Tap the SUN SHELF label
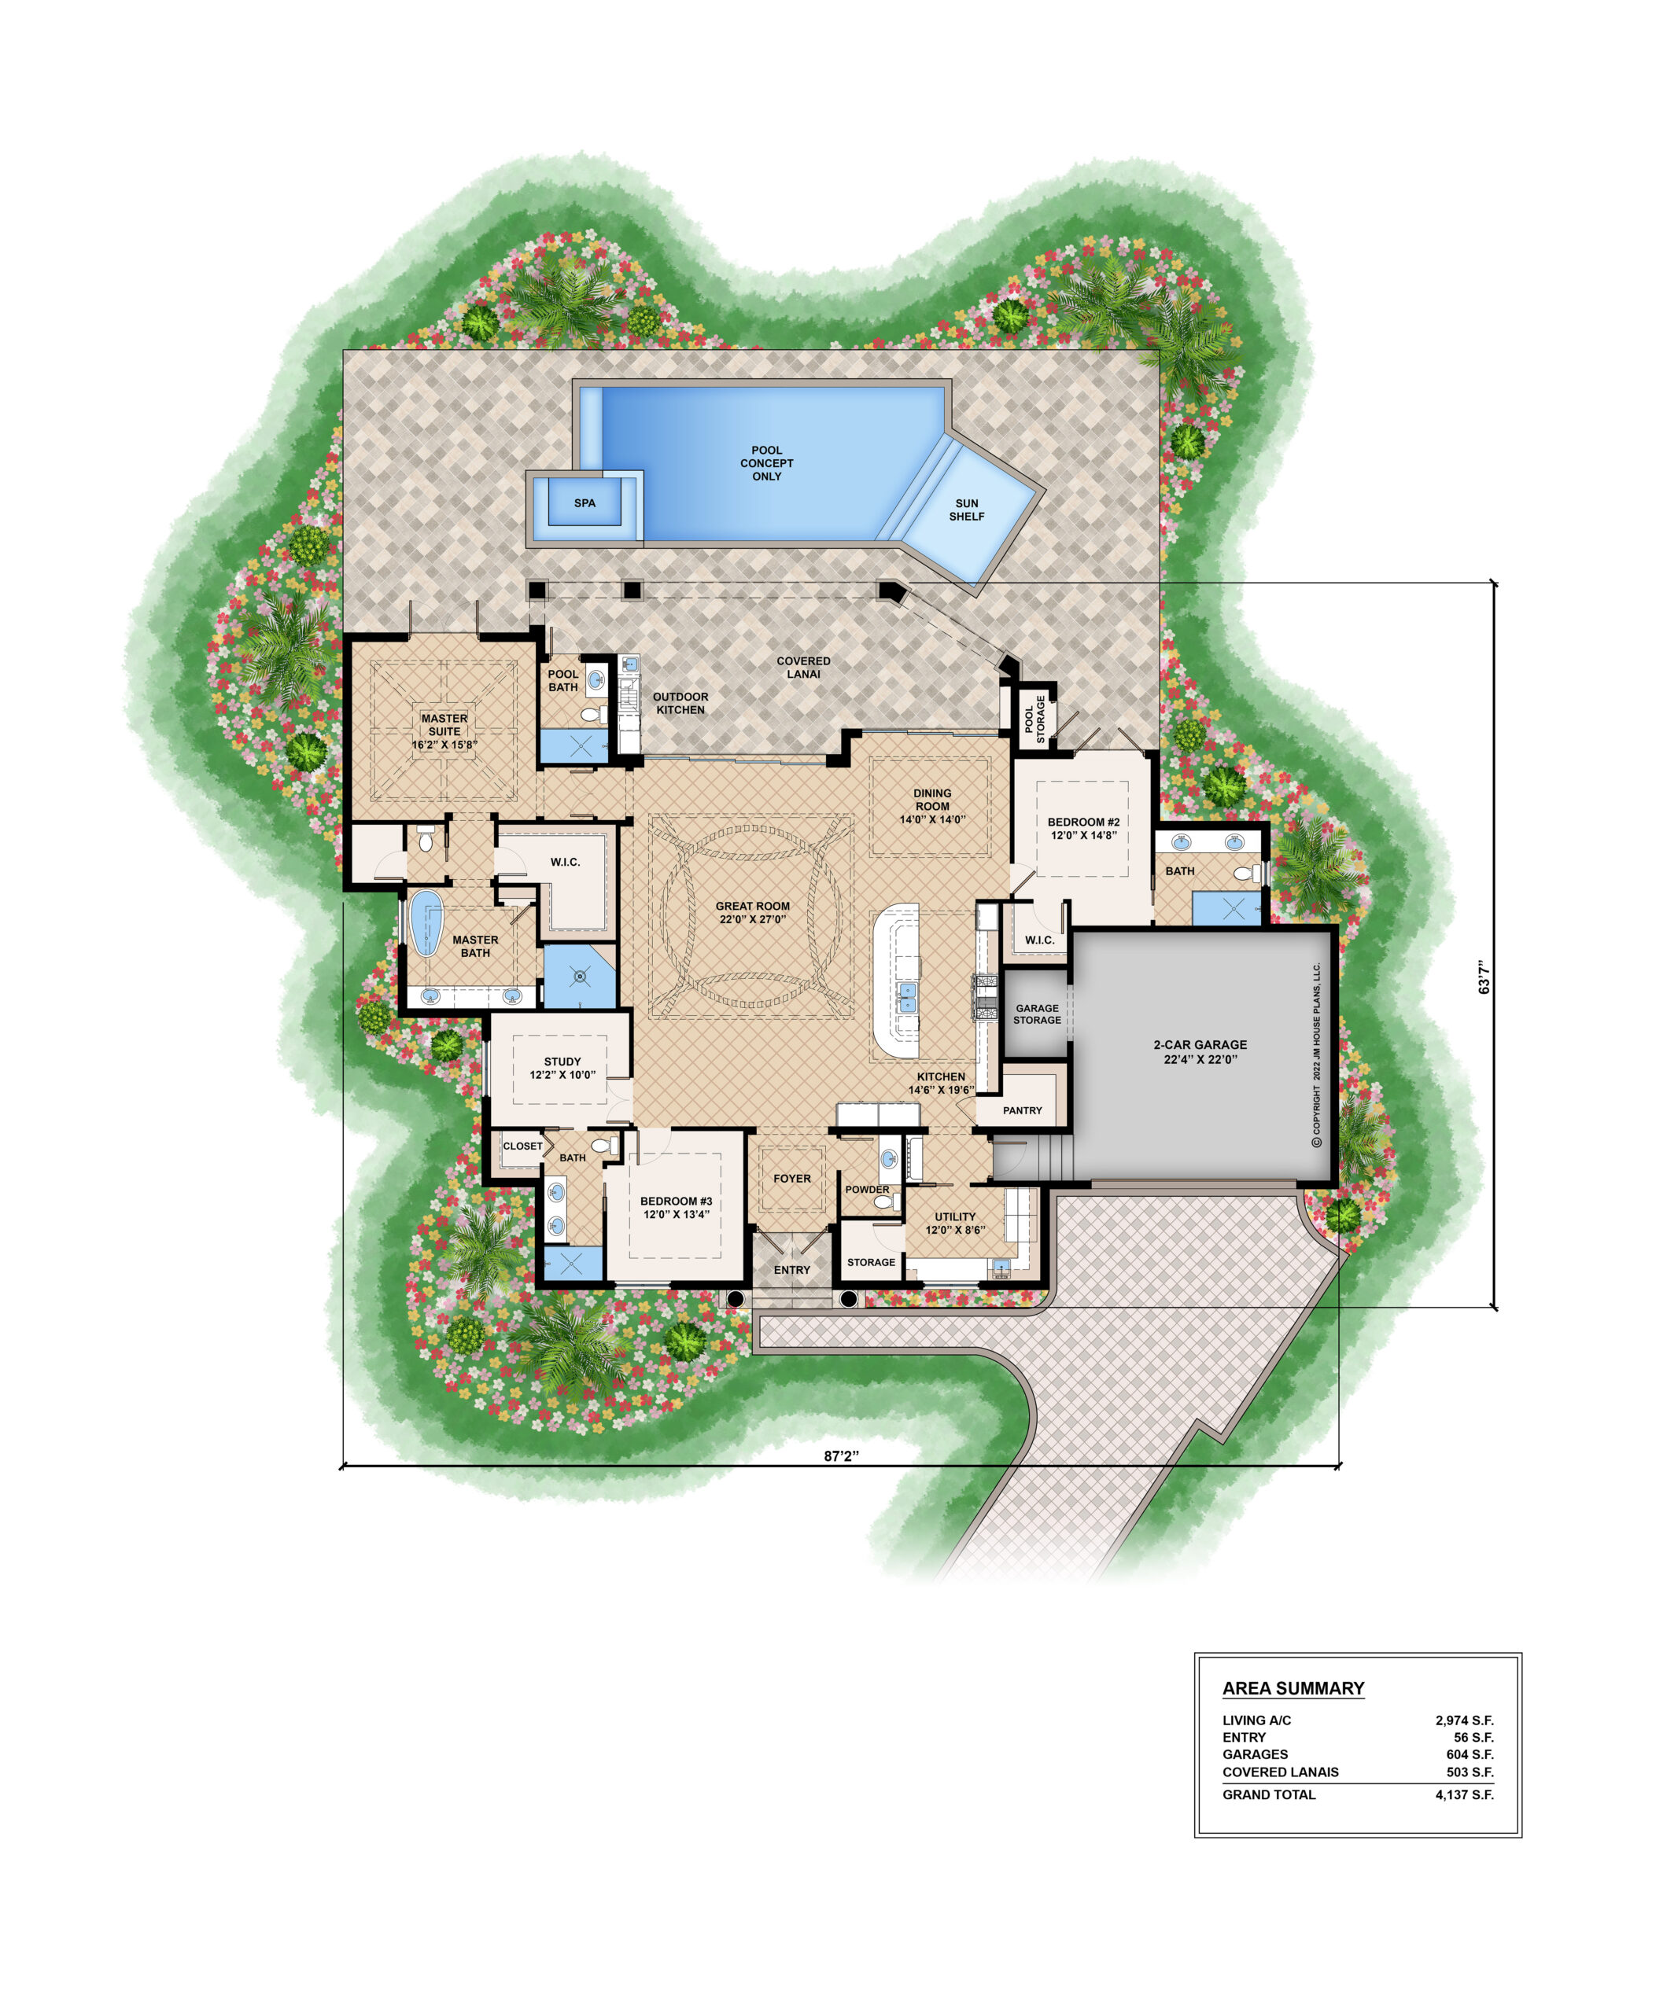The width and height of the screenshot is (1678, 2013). click(967, 510)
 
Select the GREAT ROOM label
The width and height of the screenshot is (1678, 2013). click(753, 913)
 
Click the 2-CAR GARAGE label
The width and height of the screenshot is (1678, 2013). click(1200, 1051)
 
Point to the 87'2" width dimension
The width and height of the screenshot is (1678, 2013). click(841, 1456)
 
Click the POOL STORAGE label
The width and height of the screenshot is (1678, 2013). click(1034, 718)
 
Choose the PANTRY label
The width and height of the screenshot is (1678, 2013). click(1022, 1110)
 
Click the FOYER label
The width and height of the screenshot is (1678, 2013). click(792, 1178)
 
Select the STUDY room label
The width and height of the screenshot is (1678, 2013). click(562, 1068)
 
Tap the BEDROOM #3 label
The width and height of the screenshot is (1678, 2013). click(676, 1208)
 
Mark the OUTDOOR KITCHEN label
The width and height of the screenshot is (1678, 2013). click(680, 703)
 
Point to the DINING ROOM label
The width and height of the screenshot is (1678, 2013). click(932, 806)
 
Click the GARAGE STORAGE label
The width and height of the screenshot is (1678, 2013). click(1037, 1014)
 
